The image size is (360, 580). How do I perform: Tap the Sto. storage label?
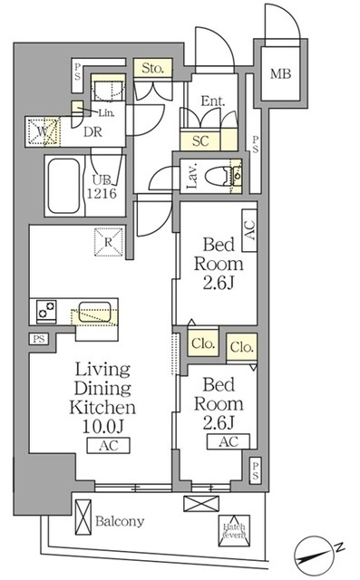[x=150, y=66]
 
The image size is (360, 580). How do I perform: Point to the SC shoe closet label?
[x=199, y=140]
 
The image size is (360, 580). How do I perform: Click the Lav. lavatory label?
[x=192, y=178]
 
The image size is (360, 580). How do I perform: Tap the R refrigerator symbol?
[x=106, y=241]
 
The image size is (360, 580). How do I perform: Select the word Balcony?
[x=120, y=521]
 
